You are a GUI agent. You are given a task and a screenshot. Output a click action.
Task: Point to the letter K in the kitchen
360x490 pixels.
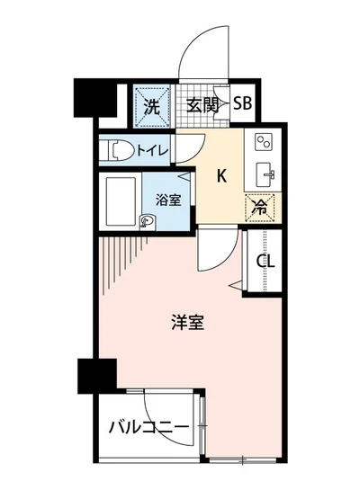click(221, 177)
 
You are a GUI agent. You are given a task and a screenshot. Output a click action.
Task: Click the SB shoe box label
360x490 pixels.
click(243, 102)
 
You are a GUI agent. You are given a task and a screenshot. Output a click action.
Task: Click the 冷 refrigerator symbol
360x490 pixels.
click(258, 206)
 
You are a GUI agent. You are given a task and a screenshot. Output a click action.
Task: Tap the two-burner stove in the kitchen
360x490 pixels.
click(264, 143)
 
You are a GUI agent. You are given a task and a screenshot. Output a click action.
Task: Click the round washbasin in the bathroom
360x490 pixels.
click(147, 218)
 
